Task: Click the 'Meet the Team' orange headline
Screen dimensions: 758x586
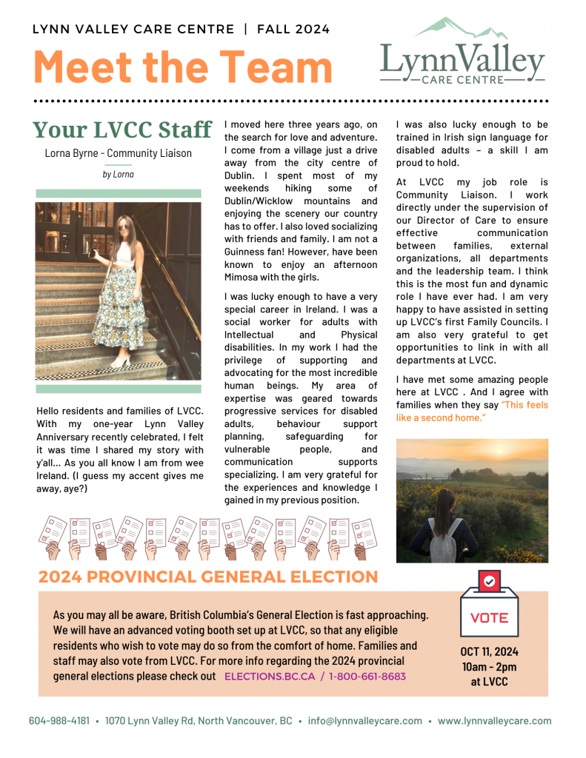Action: (x=183, y=67)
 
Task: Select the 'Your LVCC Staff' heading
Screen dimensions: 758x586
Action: (x=122, y=130)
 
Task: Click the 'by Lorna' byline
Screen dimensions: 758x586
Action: (x=119, y=175)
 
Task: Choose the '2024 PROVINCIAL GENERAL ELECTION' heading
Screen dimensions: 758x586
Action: (x=208, y=577)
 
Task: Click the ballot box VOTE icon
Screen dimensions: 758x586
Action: (x=489, y=606)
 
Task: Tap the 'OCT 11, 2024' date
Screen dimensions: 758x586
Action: (x=489, y=652)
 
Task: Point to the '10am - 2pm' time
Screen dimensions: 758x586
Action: (x=489, y=667)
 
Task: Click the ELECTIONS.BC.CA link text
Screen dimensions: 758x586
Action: (x=269, y=677)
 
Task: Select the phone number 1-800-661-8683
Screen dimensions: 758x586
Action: (x=367, y=677)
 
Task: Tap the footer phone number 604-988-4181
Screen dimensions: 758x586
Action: (x=59, y=721)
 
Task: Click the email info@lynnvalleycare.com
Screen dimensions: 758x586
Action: (x=365, y=721)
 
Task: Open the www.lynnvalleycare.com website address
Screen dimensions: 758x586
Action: (x=494, y=721)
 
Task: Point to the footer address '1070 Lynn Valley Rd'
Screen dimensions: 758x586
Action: (x=151, y=721)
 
